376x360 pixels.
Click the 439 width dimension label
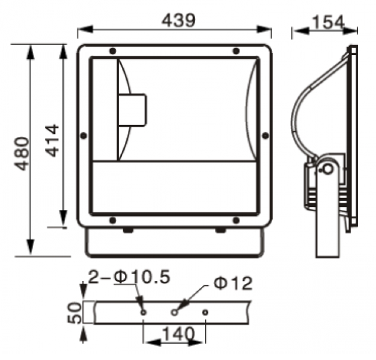point(178,20)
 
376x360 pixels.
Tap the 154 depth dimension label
point(329,22)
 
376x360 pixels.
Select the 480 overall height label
point(22,154)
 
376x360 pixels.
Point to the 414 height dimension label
point(52,141)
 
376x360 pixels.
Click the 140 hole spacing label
point(178,333)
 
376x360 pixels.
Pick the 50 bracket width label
point(74,313)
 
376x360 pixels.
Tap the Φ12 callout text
point(233,283)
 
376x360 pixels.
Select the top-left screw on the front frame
point(112,51)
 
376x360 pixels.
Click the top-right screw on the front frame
point(236,51)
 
